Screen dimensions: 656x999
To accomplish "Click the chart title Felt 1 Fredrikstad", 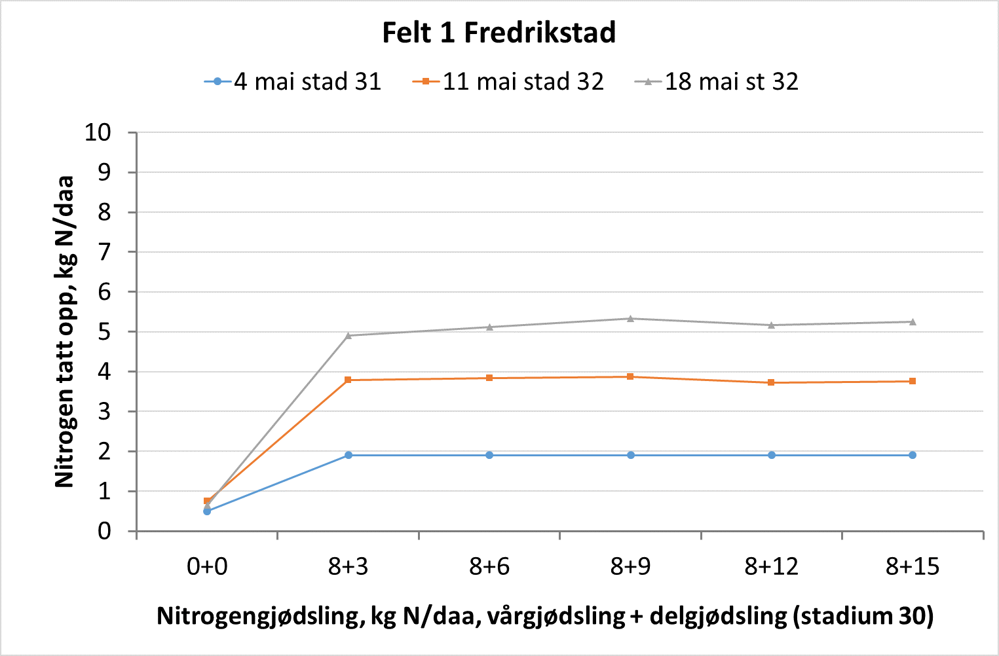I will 499,33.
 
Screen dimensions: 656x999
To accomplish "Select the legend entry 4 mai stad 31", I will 307,82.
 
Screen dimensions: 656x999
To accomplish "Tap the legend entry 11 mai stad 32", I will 523,82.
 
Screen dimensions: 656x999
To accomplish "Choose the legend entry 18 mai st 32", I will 731,82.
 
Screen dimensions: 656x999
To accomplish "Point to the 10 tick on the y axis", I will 98,132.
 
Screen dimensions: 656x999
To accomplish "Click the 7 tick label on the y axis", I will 105,252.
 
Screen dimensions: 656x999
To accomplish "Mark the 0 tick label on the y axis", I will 105,531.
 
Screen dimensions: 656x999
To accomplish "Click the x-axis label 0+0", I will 207,566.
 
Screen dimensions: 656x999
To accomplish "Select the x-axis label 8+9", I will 630,566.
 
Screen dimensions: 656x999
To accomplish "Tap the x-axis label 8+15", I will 913,566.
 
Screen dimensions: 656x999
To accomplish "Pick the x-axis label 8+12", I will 772,566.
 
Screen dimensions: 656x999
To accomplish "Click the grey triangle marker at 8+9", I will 630,319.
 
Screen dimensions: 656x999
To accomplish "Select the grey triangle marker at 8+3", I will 348,335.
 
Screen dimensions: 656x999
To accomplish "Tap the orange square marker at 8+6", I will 489,378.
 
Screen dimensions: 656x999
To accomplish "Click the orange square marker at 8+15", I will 913,381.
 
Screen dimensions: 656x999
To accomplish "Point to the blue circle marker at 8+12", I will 772,455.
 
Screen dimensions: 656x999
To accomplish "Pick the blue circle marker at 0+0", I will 207,511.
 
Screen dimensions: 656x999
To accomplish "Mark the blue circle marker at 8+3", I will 348,455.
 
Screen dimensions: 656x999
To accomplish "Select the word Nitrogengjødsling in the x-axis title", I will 260,616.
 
